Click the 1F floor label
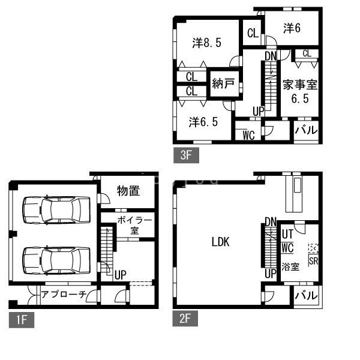coord(22,320)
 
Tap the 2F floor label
coord(185,318)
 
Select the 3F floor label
coord(186,155)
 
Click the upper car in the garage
coord(56,210)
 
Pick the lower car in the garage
coord(56,260)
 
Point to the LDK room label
coord(220,242)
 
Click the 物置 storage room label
coord(128,191)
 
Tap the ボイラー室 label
coord(135,226)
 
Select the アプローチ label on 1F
coord(64,294)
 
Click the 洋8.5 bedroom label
coord(207,43)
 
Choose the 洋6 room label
coord(292,28)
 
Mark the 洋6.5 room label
coord(203,122)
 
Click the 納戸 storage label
coord(223,83)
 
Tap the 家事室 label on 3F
coord(300,85)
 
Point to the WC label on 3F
coord(248,135)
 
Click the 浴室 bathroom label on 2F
coord(290,267)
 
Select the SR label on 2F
coord(313,261)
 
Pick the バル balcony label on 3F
coord(306,130)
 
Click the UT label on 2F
coord(287,234)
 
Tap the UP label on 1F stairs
coord(121,275)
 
